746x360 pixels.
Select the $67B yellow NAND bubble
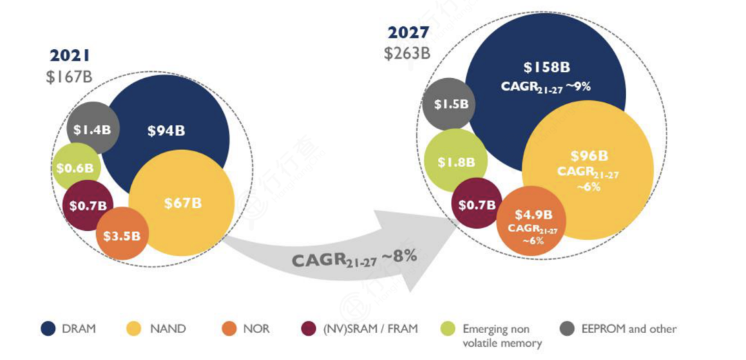coord(182,203)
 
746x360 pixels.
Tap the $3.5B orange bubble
coord(122,234)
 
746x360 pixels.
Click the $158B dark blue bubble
coord(546,76)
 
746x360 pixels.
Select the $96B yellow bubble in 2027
coord(589,169)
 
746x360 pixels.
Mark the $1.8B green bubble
coord(455,162)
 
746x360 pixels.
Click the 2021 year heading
coord(70,56)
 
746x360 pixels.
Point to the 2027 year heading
coord(408,32)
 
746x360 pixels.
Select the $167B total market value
coord(69,77)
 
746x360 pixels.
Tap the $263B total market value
coord(408,53)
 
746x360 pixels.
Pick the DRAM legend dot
coord(48,330)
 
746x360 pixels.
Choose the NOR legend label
coord(256,330)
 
